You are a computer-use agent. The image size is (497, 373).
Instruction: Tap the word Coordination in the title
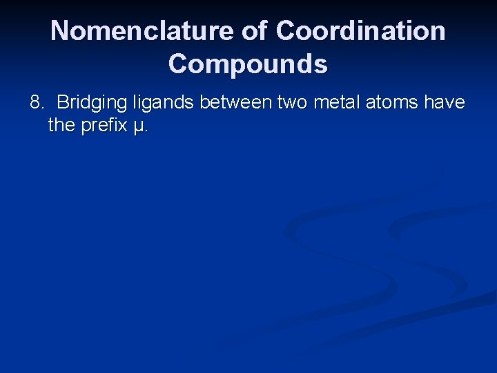(x=360, y=31)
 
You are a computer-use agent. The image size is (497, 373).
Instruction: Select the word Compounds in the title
(x=248, y=64)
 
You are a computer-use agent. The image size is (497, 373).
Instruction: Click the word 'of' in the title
(x=255, y=31)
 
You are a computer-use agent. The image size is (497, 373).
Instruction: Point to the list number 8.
(x=36, y=103)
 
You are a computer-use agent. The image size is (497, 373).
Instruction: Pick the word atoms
(x=392, y=103)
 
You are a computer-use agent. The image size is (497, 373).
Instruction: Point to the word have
(x=445, y=103)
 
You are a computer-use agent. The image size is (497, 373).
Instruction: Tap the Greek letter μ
(x=139, y=127)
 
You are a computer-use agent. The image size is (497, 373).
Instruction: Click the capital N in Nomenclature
(x=60, y=31)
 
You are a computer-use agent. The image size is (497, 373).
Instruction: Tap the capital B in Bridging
(x=63, y=103)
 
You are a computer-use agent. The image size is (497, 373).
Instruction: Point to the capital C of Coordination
(x=286, y=31)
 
